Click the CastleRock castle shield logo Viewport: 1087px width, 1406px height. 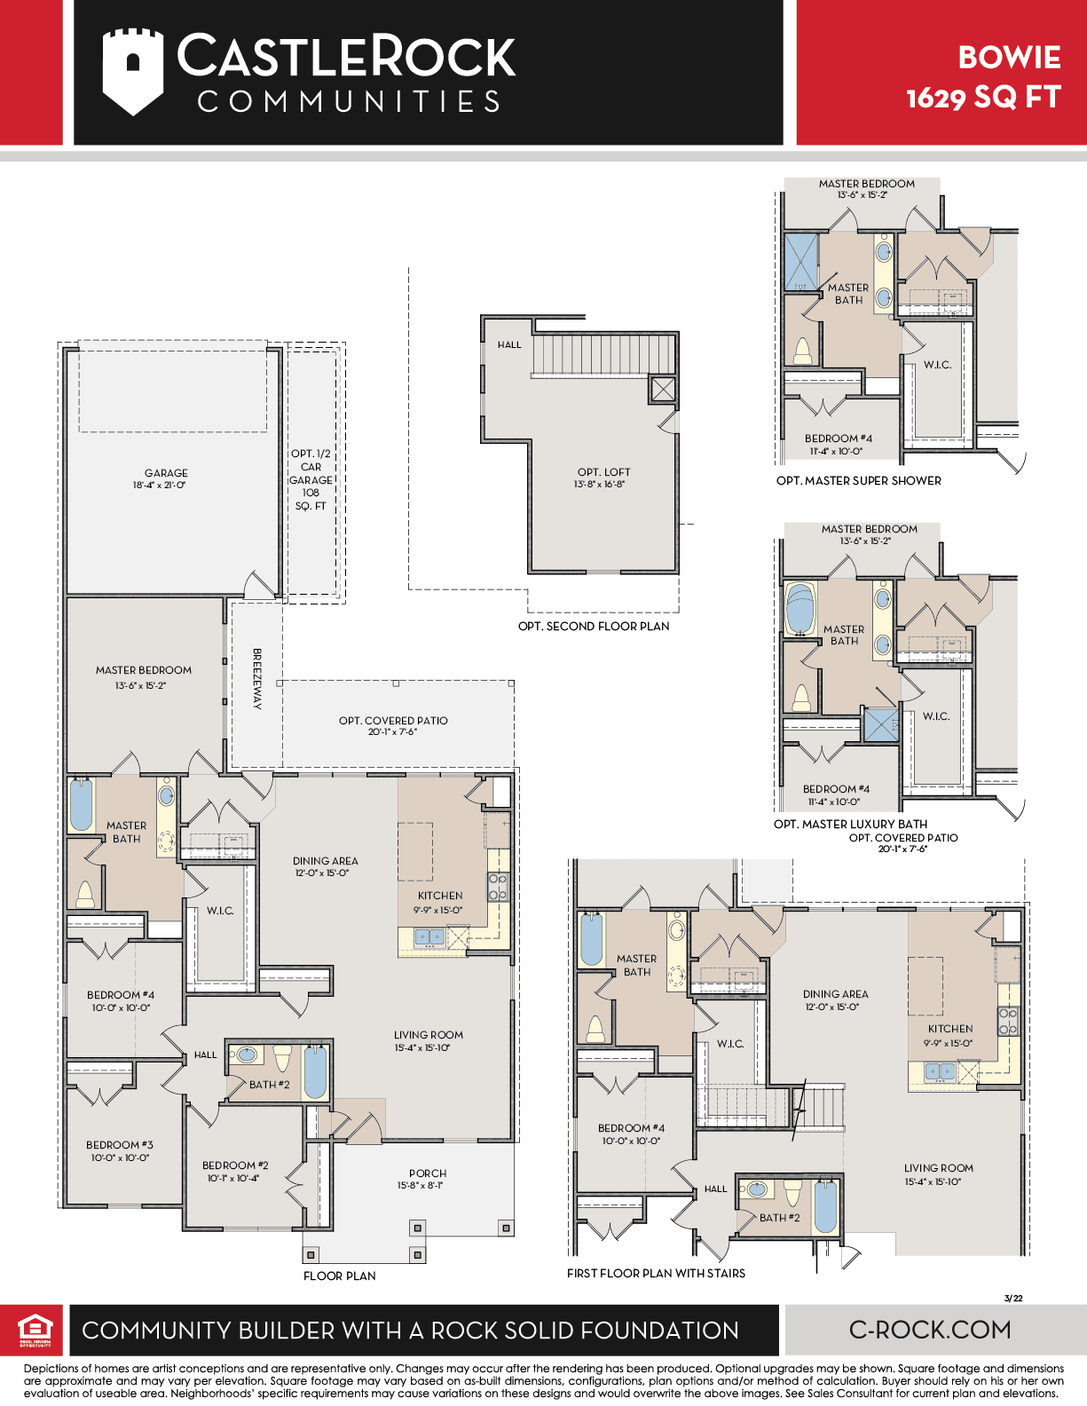[x=132, y=71]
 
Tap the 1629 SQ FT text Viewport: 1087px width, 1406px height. [x=983, y=98]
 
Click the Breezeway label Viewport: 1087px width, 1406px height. [x=256, y=679]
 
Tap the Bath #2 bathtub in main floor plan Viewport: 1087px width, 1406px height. [x=316, y=1072]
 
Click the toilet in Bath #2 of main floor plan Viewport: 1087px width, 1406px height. [x=282, y=1058]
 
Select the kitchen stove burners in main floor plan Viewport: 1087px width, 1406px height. [x=498, y=887]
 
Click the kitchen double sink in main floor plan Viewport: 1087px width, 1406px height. [x=430, y=936]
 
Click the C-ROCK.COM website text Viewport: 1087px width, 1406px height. [x=930, y=1330]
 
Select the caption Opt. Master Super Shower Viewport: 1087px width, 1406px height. [x=859, y=481]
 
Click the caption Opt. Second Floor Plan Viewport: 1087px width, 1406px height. [x=594, y=627]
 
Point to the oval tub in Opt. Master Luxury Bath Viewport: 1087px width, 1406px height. [x=800, y=610]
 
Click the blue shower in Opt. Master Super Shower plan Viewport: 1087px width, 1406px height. [x=801, y=261]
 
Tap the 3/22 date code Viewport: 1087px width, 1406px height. [x=1013, y=1298]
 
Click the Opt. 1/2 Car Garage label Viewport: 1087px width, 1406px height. [x=311, y=479]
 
